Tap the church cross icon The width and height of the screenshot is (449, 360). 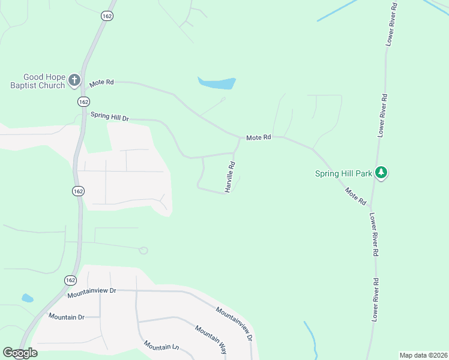tap(74, 80)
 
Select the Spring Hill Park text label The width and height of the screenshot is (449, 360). tap(343, 174)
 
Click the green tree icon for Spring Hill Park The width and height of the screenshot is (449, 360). tap(381, 173)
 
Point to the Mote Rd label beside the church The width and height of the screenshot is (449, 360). tap(101, 82)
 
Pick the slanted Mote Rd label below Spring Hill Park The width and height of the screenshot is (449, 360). tap(355, 196)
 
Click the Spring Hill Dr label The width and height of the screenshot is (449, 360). tap(109, 116)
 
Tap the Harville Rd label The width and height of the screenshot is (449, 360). tap(230, 176)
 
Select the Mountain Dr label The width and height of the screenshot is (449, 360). tap(67, 317)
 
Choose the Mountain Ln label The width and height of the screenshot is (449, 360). tap(161, 346)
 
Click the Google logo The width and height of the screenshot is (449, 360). tap(20, 353)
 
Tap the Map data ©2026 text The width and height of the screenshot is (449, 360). tap(423, 355)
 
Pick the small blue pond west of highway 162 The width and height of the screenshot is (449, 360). tap(27, 298)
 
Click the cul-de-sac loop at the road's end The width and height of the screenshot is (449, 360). tap(143, 250)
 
